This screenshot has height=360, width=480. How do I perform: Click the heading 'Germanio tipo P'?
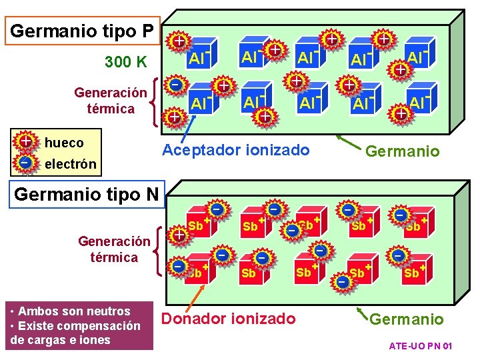point(83,31)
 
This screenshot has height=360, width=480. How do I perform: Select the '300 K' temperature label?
point(126,63)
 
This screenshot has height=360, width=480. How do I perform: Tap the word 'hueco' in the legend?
point(64,143)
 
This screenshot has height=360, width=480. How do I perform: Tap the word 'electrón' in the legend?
point(71,163)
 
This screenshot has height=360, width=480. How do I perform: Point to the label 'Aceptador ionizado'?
point(236,150)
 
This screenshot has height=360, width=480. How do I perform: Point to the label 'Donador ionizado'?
point(229,319)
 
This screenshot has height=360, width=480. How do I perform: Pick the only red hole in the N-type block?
point(179,235)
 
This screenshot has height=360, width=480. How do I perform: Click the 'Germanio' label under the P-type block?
point(403,151)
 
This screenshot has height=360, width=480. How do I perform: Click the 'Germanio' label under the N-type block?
point(406,319)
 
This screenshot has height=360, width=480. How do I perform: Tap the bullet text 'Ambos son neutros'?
point(74,311)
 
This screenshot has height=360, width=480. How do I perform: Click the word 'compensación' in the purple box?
point(105,326)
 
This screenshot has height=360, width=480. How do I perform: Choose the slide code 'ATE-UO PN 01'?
point(421,347)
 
